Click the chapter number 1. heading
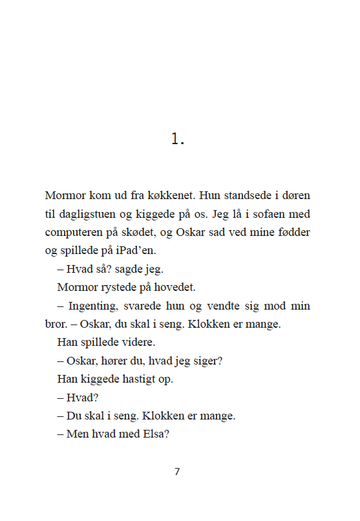coord(178,138)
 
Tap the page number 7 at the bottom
coord(177,471)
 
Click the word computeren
coord(72,231)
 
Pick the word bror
coord(56,324)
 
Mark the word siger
coord(209,361)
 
